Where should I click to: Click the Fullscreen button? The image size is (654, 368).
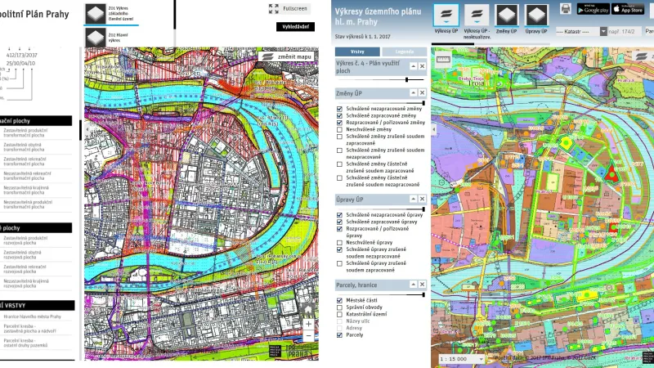(x=289, y=8)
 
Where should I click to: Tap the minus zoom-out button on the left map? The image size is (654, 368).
(x=308, y=336)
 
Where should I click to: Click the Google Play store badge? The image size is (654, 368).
(x=593, y=8)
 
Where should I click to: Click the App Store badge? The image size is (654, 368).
(x=628, y=8)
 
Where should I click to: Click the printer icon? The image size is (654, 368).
(x=565, y=8)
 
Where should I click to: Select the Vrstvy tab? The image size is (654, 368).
(x=357, y=51)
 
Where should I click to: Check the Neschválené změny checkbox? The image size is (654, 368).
(x=339, y=129)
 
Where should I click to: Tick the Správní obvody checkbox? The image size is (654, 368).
(x=339, y=307)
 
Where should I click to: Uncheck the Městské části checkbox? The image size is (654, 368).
(x=339, y=300)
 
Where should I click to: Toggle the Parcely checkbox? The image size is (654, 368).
(x=339, y=334)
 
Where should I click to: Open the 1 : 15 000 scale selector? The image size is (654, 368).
(x=461, y=358)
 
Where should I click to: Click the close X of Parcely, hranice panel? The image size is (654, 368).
(x=423, y=284)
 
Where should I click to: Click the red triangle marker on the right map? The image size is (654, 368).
(x=611, y=173)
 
